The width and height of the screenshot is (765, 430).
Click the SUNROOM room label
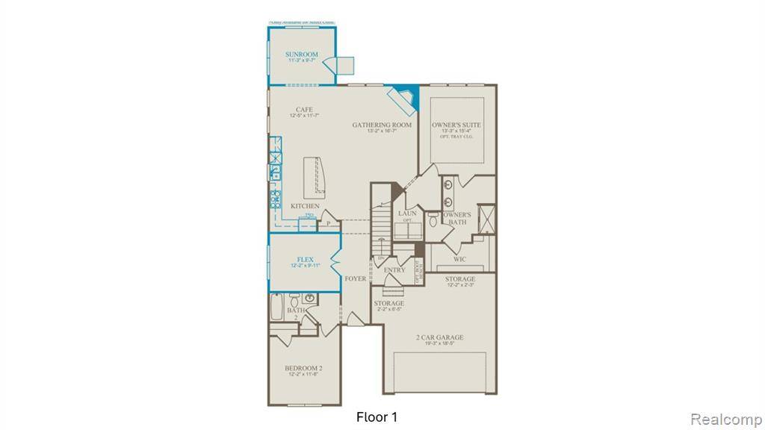[302, 54]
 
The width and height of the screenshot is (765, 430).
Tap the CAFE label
[303, 110]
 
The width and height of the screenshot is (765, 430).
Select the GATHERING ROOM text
[382, 125]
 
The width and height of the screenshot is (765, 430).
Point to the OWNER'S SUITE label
[456, 125]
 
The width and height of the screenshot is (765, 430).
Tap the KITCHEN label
[305, 206]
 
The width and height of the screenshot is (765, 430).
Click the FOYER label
[356, 278]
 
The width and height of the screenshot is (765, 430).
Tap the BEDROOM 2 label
[303, 369]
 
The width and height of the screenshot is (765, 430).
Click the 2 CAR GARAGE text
[439, 337]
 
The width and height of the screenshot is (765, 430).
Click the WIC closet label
[459, 259]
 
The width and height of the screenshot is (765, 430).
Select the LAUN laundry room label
[407, 214]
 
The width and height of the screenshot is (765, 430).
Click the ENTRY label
[394, 270]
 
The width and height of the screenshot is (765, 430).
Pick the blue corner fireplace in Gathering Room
[405, 98]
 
